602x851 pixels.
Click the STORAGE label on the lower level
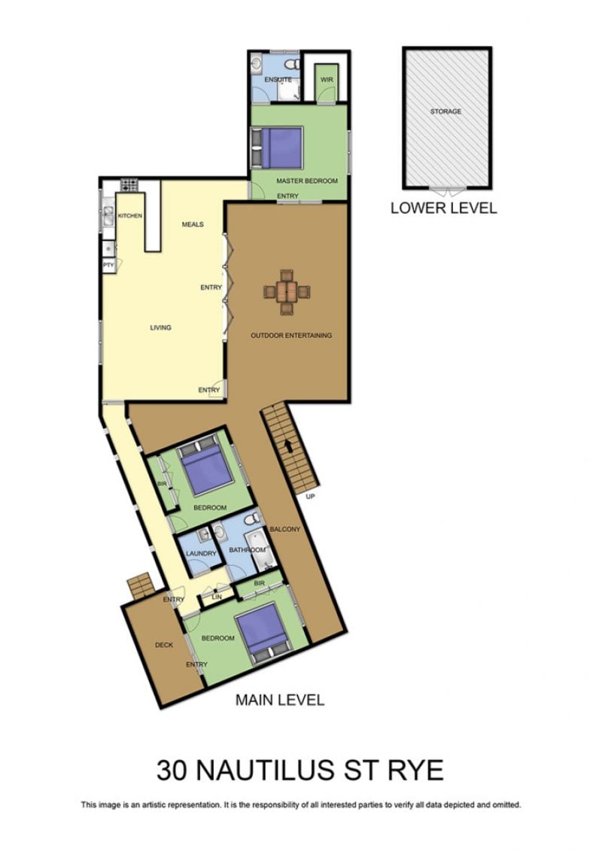(445, 111)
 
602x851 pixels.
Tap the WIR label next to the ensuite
(327, 80)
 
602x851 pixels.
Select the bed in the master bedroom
(276, 147)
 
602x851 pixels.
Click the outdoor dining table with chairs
(287, 292)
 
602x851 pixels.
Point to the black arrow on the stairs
(288, 446)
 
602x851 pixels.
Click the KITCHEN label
(129, 216)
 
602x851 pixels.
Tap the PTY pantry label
(108, 266)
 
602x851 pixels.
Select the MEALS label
(193, 224)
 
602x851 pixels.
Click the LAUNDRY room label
(201, 554)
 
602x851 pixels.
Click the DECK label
(164, 645)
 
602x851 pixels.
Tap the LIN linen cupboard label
(217, 597)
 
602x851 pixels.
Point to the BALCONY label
(285, 529)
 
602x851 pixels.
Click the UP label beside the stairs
(311, 496)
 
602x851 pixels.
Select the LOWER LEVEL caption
(443, 208)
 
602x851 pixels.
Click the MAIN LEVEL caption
(280, 700)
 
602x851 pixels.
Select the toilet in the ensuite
(293, 64)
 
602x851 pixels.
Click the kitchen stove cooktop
(129, 185)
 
